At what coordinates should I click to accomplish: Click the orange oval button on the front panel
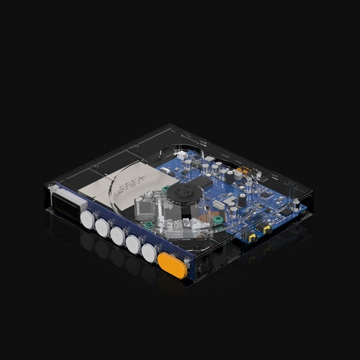[x=172, y=265]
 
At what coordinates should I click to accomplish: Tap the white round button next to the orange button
[x=149, y=253]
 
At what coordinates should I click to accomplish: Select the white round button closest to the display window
[x=87, y=220]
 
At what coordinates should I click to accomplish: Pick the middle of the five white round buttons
[x=118, y=236]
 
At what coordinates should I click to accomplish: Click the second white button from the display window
[x=102, y=227]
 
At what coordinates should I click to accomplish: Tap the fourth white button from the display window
[x=133, y=244]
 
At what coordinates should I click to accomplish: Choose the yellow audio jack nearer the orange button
[x=253, y=238]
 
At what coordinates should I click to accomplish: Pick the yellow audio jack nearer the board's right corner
[x=266, y=229]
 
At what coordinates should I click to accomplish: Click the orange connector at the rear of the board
[x=239, y=170]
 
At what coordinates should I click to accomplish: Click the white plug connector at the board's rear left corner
[x=166, y=170]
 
